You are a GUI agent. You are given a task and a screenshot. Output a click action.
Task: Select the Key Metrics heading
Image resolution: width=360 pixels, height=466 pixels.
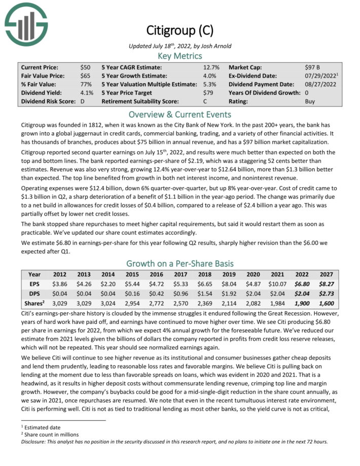click(x=179, y=56)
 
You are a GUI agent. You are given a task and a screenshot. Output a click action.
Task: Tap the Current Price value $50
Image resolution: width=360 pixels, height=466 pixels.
click(x=85, y=67)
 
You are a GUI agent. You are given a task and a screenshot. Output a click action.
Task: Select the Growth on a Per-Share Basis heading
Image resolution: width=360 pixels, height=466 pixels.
click(x=179, y=263)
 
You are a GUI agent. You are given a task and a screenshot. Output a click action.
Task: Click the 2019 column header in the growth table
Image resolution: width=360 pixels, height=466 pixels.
click(x=226, y=274)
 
